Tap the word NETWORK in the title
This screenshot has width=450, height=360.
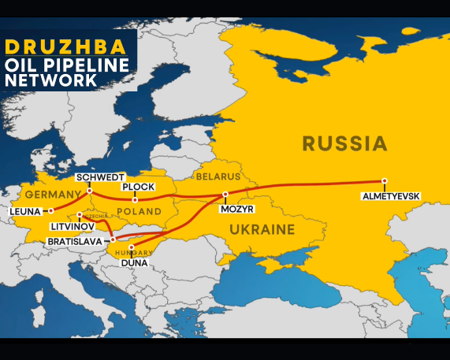(50, 80)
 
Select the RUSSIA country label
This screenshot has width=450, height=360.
(344, 143)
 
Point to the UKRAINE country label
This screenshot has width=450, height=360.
(262, 230)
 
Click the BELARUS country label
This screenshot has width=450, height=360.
(218, 176)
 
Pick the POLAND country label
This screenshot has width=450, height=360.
(139, 211)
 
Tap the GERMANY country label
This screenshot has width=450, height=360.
(52, 194)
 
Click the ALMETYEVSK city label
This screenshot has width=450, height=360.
(391, 195)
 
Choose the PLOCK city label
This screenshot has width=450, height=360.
(138, 187)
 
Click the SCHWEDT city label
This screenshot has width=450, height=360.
(100, 177)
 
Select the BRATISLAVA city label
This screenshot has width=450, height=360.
(76, 240)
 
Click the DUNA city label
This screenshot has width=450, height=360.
(135, 262)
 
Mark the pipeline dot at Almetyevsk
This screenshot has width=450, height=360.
(385, 181)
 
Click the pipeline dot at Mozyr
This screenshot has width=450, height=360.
(225, 194)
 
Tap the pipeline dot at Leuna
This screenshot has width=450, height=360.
(50, 210)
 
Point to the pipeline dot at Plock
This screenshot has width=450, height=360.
(135, 199)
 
